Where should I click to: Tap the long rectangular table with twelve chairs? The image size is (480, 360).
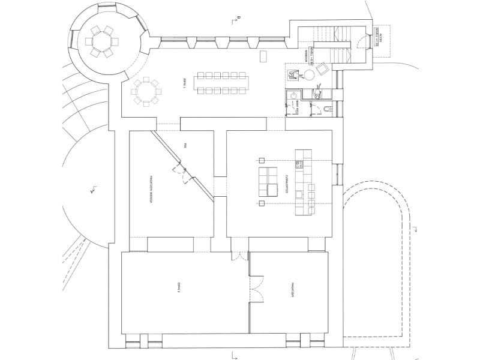point(222,83)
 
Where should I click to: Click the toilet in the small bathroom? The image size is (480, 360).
point(327,109)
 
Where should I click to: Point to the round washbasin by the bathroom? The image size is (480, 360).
point(293,94)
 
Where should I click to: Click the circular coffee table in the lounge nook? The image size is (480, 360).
point(310,75)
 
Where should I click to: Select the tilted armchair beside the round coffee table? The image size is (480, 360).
point(322,68)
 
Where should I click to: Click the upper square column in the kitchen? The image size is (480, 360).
point(261,160)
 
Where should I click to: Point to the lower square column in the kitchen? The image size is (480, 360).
point(261,204)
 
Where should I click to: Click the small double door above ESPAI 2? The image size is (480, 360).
point(239,256)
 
